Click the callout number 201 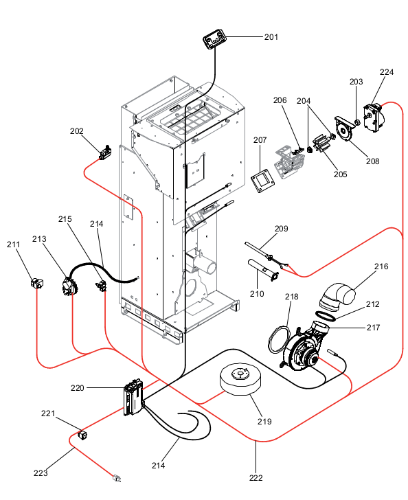click(x=271, y=37)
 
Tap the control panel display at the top click(x=214, y=40)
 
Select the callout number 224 click(x=387, y=72)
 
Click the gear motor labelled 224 click(x=374, y=117)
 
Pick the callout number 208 click(x=372, y=161)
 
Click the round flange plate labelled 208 click(x=345, y=130)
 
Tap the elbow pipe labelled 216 click(x=338, y=297)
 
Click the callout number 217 click(x=373, y=328)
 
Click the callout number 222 click(x=256, y=478)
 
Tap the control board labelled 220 click(x=133, y=397)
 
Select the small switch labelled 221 click(x=83, y=435)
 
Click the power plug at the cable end click(x=117, y=478)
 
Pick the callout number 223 click(x=41, y=473)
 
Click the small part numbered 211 click(x=37, y=283)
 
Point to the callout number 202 click(x=76, y=131)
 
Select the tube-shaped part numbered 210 click(x=264, y=270)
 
